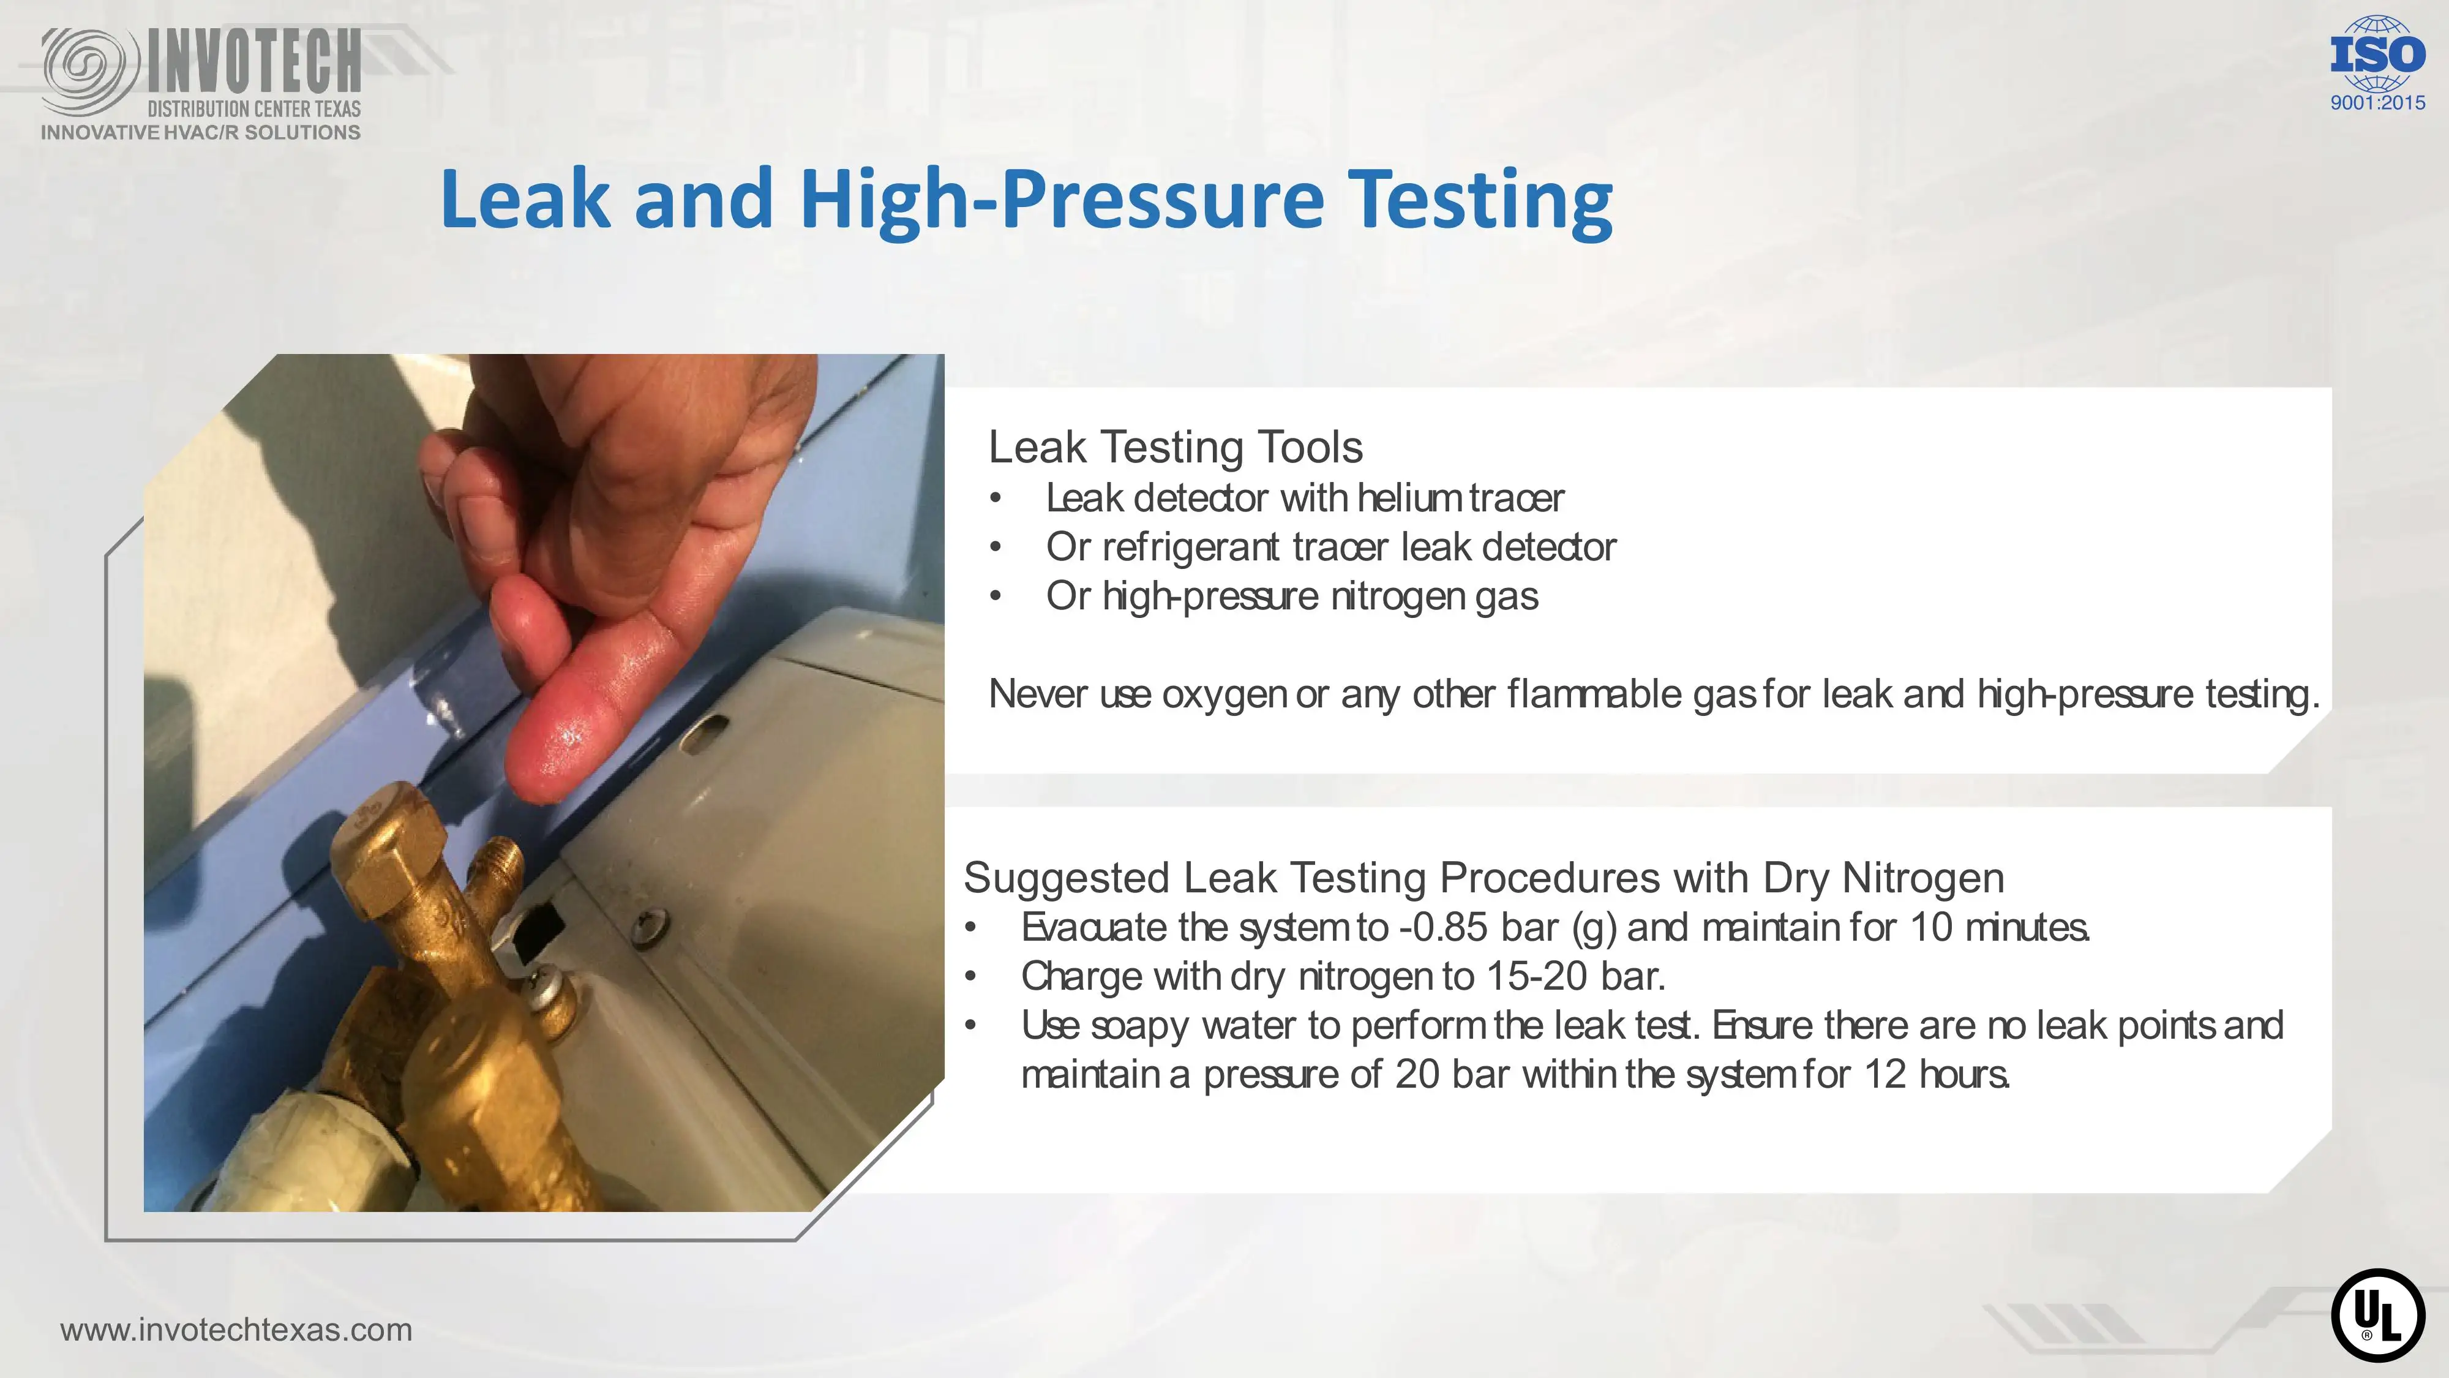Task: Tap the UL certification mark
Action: pos(2378,1316)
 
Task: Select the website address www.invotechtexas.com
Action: pos(236,1330)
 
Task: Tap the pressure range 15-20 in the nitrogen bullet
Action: pos(1537,976)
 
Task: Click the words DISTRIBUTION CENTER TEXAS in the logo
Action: pos(254,108)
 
